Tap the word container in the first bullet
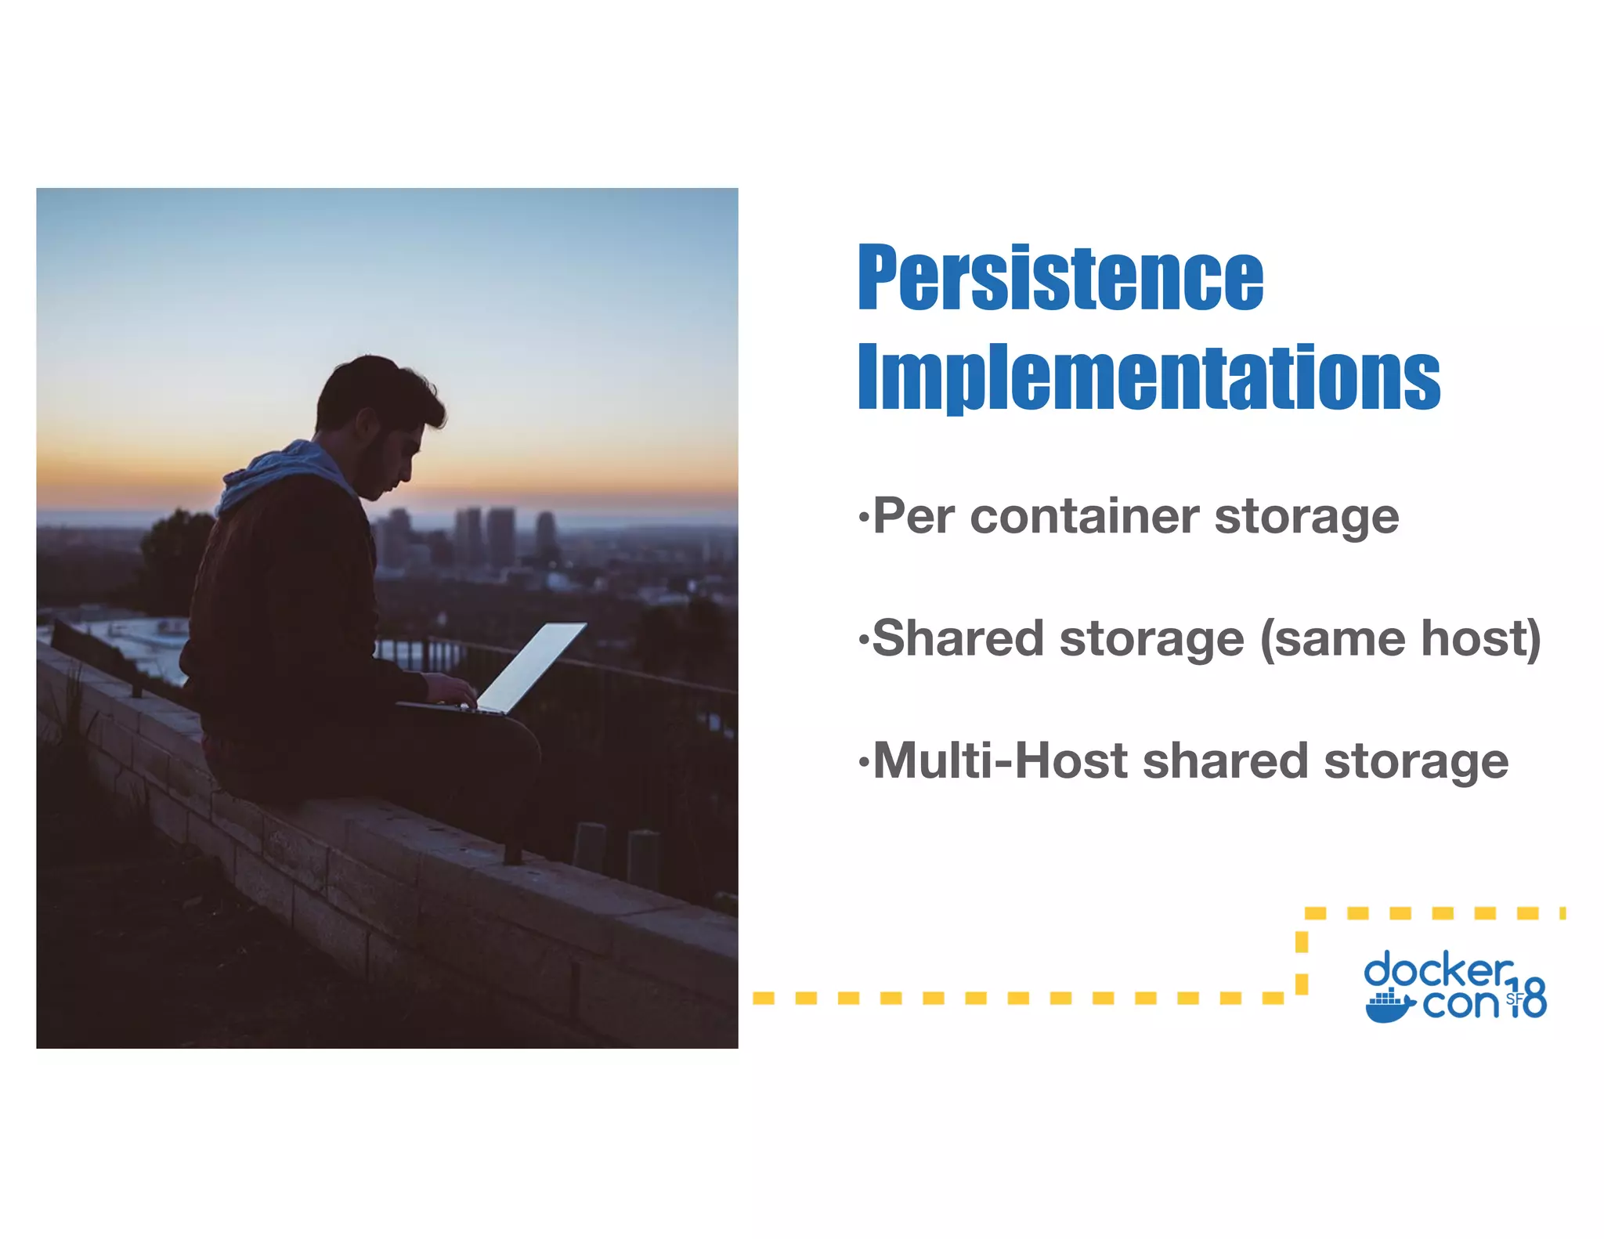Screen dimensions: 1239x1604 pyautogui.click(x=1084, y=517)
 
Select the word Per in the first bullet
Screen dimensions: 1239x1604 pyautogui.click(x=913, y=517)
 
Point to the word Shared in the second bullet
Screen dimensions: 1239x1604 pyautogui.click(x=956, y=638)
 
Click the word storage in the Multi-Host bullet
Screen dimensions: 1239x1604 pyautogui.click(x=1415, y=762)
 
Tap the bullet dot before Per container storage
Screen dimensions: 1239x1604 pyautogui.click(x=863, y=518)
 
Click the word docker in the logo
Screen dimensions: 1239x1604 pyautogui.click(x=1438, y=971)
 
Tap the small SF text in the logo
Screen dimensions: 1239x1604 pyautogui.click(x=1514, y=999)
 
